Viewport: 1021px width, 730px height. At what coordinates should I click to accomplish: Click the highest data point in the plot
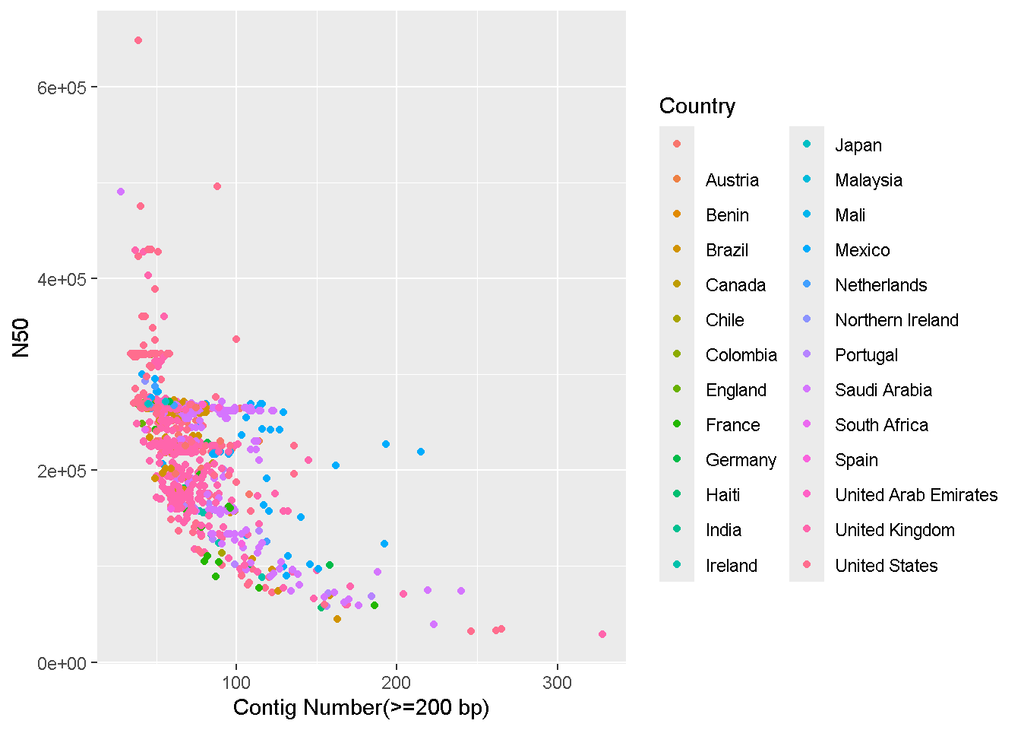click(138, 40)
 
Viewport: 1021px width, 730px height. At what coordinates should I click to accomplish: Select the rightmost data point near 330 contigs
click(602, 634)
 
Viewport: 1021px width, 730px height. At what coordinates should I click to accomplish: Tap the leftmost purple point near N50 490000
click(121, 192)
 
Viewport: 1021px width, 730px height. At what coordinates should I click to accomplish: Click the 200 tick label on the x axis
click(397, 683)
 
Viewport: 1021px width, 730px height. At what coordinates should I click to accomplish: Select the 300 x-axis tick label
click(557, 683)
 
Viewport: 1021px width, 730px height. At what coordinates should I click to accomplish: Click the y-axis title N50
click(21, 338)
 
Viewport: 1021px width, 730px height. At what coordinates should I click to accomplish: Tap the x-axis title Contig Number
click(361, 708)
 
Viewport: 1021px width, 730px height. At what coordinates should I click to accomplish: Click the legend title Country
click(697, 106)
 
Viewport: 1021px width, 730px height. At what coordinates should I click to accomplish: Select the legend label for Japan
click(858, 145)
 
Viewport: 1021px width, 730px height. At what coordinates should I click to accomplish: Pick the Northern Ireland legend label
click(896, 320)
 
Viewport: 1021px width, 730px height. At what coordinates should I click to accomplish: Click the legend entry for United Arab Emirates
click(916, 495)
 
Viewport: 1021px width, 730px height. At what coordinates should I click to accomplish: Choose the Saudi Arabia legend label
click(883, 390)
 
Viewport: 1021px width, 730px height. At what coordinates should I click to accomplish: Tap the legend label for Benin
click(727, 215)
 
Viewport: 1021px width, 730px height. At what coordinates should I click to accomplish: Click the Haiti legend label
click(722, 495)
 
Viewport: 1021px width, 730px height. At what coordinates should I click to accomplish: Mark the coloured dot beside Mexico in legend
click(807, 249)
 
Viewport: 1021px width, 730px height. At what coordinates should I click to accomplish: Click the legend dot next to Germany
click(677, 459)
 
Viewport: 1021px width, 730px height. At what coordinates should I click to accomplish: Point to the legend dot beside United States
click(807, 564)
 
